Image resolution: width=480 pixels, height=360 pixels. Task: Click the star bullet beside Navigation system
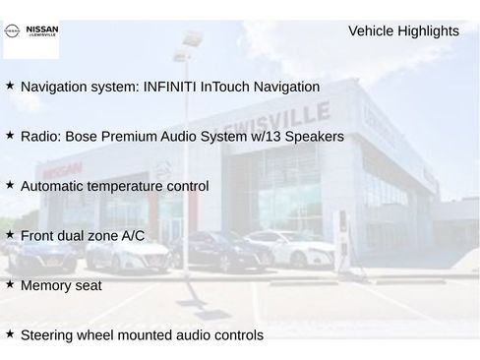click(x=10, y=86)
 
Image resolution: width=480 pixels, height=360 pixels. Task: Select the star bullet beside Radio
click(x=10, y=135)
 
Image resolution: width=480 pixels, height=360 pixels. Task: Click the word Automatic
click(x=53, y=186)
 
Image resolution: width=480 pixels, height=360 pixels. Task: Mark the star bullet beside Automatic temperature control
click(x=10, y=184)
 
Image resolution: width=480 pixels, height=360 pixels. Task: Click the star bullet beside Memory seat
click(x=10, y=284)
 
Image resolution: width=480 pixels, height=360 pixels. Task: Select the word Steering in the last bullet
click(x=48, y=335)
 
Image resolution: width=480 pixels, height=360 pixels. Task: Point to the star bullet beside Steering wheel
click(x=10, y=333)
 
